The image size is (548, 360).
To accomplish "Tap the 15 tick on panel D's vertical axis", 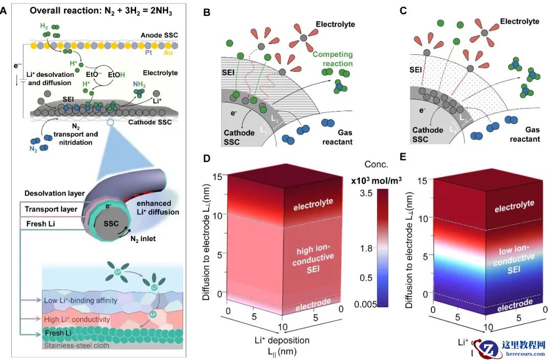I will [x=215, y=176].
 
